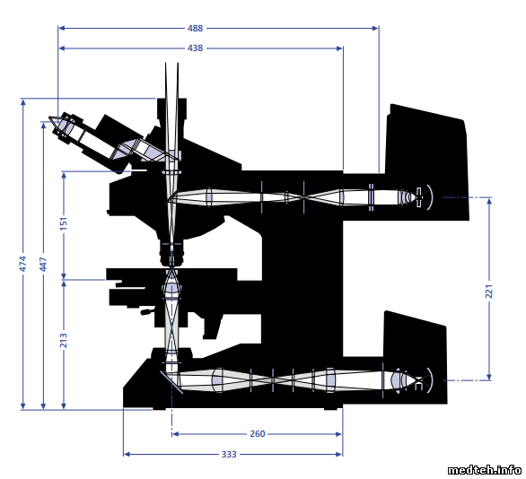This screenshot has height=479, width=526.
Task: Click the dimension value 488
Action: (x=195, y=28)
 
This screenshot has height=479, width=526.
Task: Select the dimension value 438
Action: (x=195, y=48)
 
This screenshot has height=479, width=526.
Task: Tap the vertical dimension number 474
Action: (x=22, y=264)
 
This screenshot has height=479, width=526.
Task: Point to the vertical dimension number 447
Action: (x=43, y=265)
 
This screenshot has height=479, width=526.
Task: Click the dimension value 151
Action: (x=64, y=223)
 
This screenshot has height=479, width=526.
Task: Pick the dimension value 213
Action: (x=64, y=340)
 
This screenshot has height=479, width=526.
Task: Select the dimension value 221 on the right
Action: (x=489, y=291)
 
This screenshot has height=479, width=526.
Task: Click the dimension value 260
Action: (x=258, y=434)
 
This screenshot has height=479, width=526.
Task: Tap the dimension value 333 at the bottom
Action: (x=229, y=455)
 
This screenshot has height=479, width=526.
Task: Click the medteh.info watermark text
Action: (x=484, y=470)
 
